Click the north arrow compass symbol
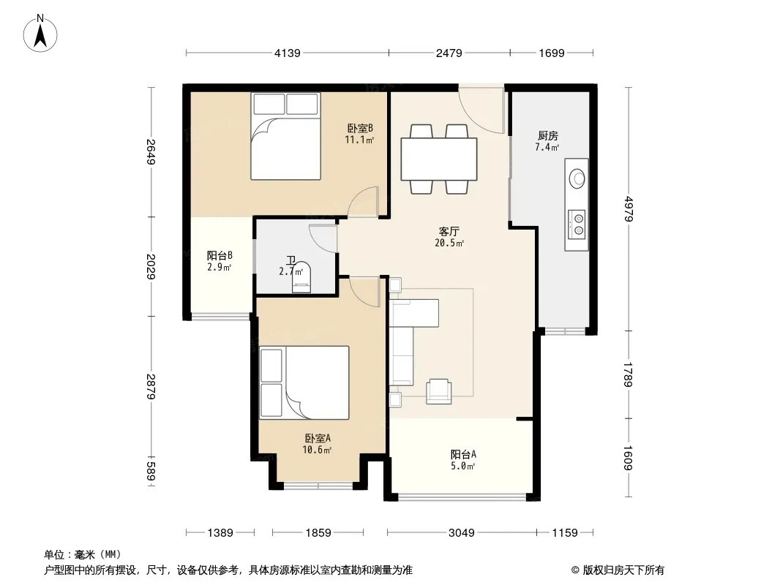pyautogui.click(x=40, y=34)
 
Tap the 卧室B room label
pyautogui.click(x=360, y=128)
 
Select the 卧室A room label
pyautogui.click(x=318, y=438)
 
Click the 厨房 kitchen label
pyautogui.click(x=548, y=136)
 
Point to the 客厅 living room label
pyautogui.click(x=449, y=232)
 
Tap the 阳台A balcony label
pyautogui.click(x=463, y=454)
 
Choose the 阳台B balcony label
pyautogui.click(x=220, y=255)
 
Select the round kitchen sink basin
pyautogui.click(x=577, y=178)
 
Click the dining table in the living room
pyautogui.click(x=439, y=159)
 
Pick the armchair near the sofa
pyautogui.click(x=439, y=391)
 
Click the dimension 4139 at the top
pyautogui.click(x=288, y=53)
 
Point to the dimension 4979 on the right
pyautogui.click(x=629, y=209)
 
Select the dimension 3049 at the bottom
pyautogui.click(x=462, y=533)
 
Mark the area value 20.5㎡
pyautogui.click(x=449, y=243)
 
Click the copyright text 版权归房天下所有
pyautogui.click(x=623, y=570)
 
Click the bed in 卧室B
pyautogui.click(x=285, y=136)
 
